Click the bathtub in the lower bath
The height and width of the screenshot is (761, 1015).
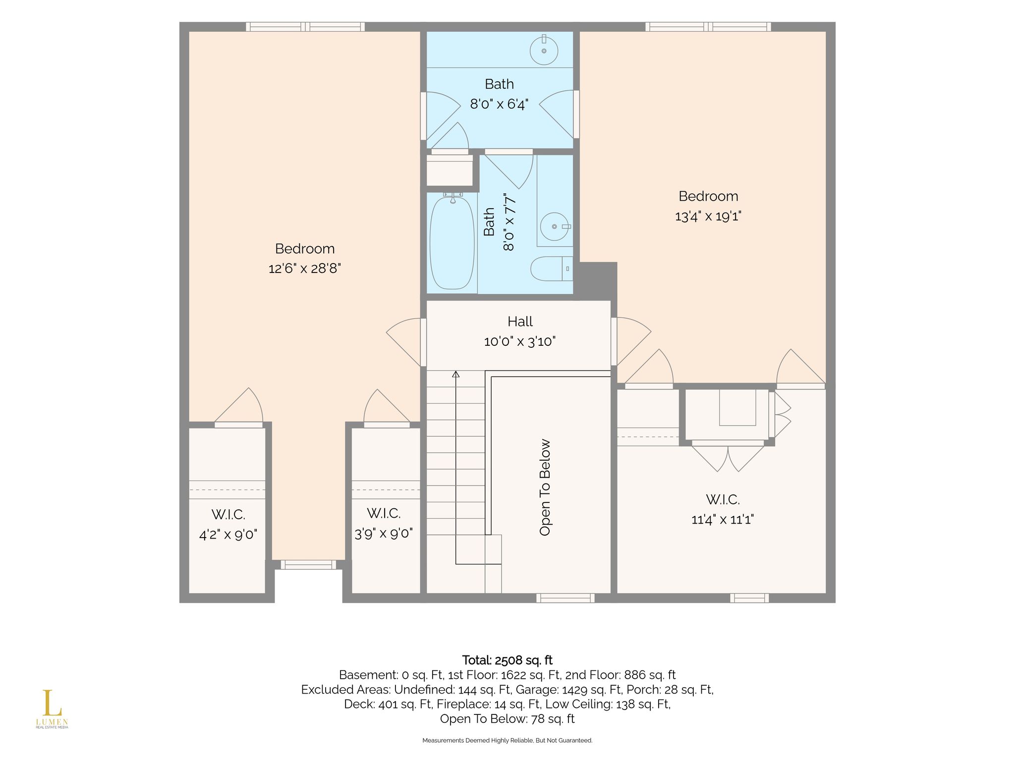pos(451,243)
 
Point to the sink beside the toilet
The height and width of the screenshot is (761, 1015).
pos(555,226)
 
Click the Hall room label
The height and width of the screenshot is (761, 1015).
pos(520,322)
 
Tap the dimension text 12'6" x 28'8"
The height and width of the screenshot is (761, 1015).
pos(305,269)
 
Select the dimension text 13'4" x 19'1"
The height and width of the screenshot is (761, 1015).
pos(708,216)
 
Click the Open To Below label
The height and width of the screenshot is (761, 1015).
pos(545,488)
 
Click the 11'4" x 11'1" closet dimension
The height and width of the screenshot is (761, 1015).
pos(723,519)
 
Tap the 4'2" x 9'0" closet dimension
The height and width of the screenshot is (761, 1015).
pos(228,535)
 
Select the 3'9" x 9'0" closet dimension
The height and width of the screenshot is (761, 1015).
pos(384,534)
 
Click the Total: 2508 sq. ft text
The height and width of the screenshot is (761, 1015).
pos(507,660)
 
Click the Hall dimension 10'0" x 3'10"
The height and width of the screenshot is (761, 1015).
pos(520,341)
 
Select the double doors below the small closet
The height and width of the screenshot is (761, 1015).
pos(728,458)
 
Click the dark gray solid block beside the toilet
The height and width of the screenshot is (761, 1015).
pos(596,280)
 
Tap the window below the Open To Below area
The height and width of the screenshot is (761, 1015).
pos(565,598)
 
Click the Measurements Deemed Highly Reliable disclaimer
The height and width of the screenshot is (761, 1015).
pos(507,741)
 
